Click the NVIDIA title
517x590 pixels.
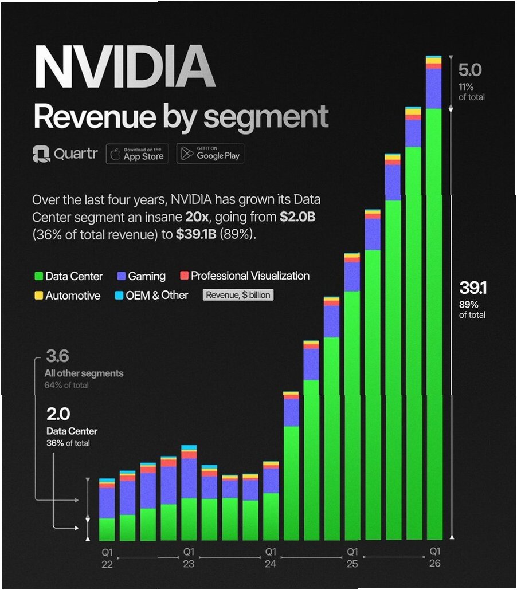tap(124, 67)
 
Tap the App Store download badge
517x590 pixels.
tap(137, 154)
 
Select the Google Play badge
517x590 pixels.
tap(210, 154)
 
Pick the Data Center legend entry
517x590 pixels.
tap(68, 276)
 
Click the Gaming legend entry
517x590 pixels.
tap(141, 276)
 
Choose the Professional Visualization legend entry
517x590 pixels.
tap(245, 276)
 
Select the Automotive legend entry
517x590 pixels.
tap(67, 296)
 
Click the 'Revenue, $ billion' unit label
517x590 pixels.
tap(238, 296)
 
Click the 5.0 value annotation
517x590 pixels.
tap(470, 70)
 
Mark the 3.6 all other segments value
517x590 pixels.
tap(57, 357)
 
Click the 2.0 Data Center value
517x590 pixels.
tap(58, 414)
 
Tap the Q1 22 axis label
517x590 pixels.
tap(107, 558)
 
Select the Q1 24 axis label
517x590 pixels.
tap(271, 558)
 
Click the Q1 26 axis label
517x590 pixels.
tap(434, 558)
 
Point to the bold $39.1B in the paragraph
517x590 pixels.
tap(197, 235)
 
